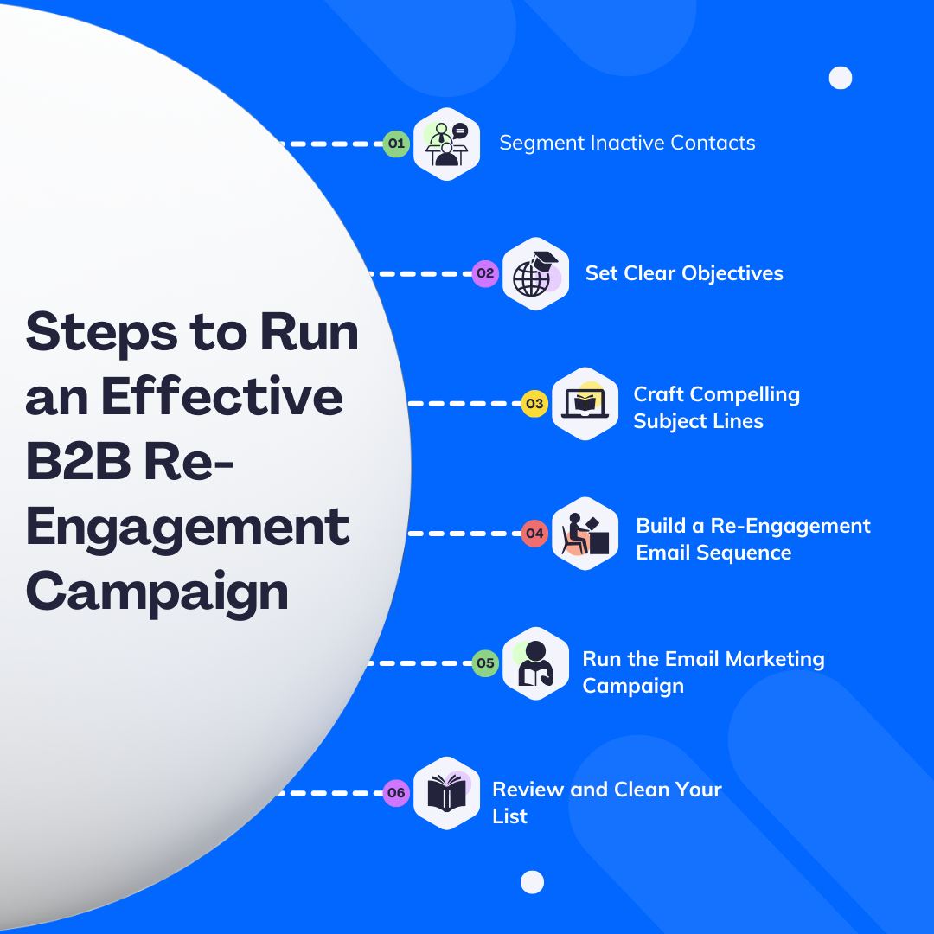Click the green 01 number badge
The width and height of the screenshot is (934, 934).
point(396,144)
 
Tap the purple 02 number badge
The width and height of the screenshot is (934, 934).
point(485,273)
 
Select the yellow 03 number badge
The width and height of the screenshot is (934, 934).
point(534,404)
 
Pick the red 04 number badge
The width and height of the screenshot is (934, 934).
point(534,534)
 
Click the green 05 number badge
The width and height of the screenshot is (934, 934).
point(485,663)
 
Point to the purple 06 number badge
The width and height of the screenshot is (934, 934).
point(396,793)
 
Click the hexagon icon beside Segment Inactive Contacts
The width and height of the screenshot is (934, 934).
point(446,144)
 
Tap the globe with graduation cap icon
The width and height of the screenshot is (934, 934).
point(535,273)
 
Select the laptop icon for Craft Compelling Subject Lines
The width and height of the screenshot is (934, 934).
point(585,404)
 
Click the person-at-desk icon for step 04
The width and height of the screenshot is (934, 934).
point(585,534)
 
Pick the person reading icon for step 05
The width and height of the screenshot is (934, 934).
point(535,663)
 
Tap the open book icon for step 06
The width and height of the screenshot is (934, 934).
point(446,793)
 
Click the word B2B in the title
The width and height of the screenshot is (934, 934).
point(78,463)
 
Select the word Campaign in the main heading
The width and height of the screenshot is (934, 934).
point(157,592)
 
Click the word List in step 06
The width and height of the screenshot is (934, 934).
point(509,816)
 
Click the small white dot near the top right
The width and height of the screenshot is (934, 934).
point(841,78)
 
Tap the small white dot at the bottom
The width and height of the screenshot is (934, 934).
point(532,882)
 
